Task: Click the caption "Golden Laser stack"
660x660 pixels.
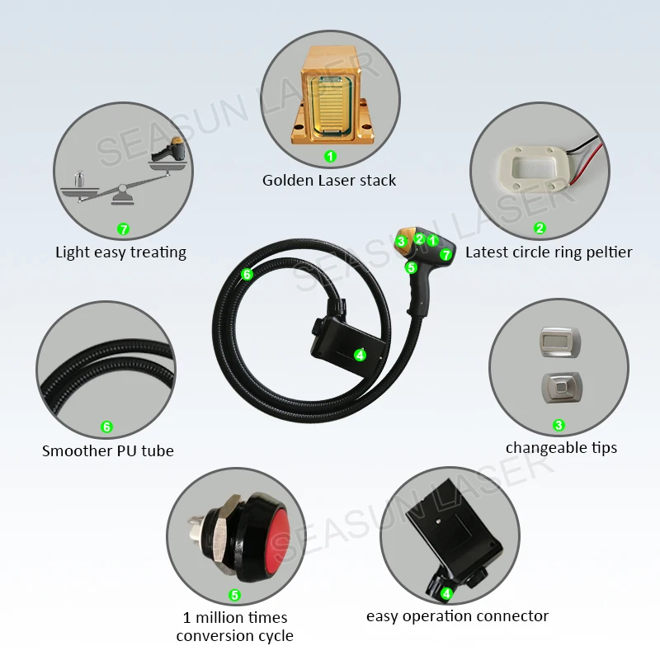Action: click(329, 180)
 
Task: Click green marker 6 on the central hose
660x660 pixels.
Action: click(247, 274)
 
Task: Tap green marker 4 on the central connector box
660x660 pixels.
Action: click(360, 355)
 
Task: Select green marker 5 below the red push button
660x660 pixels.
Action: click(234, 595)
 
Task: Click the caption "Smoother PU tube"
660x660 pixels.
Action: click(107, 450)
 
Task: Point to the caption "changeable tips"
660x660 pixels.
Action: click(561, 447)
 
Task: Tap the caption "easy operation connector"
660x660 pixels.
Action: click(457, 615)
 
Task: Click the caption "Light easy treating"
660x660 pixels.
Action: click(120, 252)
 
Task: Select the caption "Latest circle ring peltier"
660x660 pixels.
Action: click(549, 252)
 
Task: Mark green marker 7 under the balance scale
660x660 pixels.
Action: click(124, 229)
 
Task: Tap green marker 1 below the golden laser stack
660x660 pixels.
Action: click(330, 155)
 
